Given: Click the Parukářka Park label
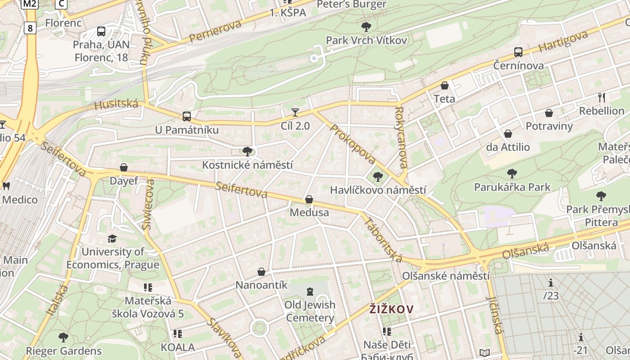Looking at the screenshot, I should click(x=512, y=186).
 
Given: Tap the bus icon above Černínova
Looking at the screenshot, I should click(x=518, y=52).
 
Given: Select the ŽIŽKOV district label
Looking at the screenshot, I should click(x=391, y=309).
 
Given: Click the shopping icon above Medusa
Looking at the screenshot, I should click(x=309, y=199).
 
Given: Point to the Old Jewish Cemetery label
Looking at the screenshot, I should click(x=310, y=311).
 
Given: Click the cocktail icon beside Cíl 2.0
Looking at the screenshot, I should click(x=295, y=112).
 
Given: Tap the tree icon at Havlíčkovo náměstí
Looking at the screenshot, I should click(x=378, y=177).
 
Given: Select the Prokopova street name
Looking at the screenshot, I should click(x=353, y=144).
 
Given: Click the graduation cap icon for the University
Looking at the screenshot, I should click(x=112, y=238).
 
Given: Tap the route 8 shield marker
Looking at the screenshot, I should click(x=30, y=28).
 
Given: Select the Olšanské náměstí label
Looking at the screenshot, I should click(x=445, y=275).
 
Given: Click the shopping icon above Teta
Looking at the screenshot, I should click(x=445, y=85).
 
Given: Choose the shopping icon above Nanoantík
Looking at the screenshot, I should click(x=261, y=272).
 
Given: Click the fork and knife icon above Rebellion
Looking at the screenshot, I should click(x=601, y=97).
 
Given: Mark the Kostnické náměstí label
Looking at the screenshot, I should click(x=247, y=165).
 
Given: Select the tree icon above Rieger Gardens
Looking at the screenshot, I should click(x=63, y=337).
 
